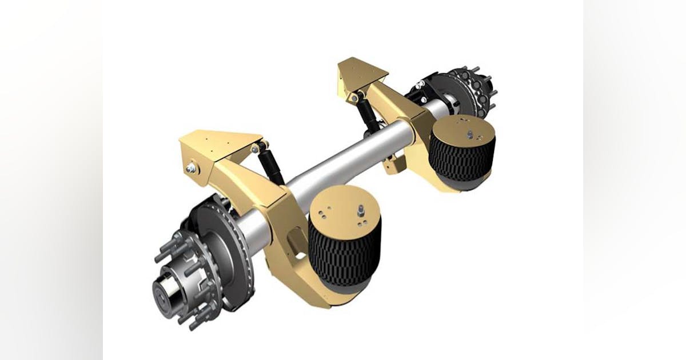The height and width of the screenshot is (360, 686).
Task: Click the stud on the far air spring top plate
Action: point(470,134)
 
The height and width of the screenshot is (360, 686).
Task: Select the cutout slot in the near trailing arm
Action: point(294,240)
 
